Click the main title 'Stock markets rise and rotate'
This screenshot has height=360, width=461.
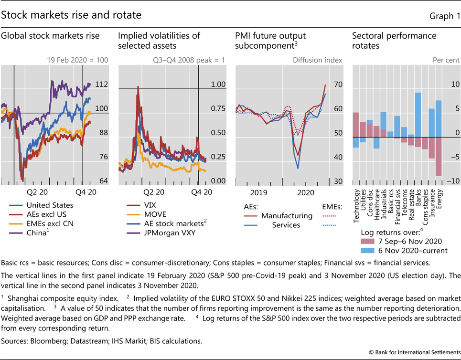(72, 15)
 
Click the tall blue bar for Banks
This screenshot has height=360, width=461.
(418, 115)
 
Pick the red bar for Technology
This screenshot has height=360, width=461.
(355, 125)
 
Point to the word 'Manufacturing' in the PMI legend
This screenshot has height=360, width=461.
(287, 215)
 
